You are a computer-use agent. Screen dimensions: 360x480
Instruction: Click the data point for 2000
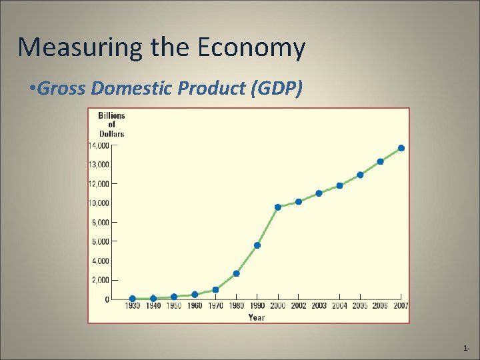(x=277, y=207)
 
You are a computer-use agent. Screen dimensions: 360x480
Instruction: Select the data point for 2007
(x=401, y=148)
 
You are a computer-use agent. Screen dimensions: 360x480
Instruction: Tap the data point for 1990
(x=257, y=245)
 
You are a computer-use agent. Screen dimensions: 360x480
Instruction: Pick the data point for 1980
(x=236, y=273)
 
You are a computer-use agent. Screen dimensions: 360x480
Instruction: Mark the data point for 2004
(x=339, y=185)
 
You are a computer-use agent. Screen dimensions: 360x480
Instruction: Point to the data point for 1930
(x=133, y=299)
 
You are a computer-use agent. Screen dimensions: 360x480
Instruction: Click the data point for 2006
(x=380, y=161)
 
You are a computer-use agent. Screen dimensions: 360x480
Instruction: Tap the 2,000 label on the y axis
(x=100, y=281)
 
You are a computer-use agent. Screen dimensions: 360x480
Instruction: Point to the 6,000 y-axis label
(x=100, y=242)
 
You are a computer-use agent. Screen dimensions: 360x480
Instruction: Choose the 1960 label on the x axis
(x=194, y=306)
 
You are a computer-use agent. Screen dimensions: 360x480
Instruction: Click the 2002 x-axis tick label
(x=298, y=306)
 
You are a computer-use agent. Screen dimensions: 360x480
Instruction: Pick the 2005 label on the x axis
(x=360, y=306)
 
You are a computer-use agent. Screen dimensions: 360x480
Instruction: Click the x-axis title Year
(x=257, y=317)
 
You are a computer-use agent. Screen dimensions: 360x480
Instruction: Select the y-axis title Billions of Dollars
(x=111, y=125)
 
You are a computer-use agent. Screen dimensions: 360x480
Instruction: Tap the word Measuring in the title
(x=60, y=48)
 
